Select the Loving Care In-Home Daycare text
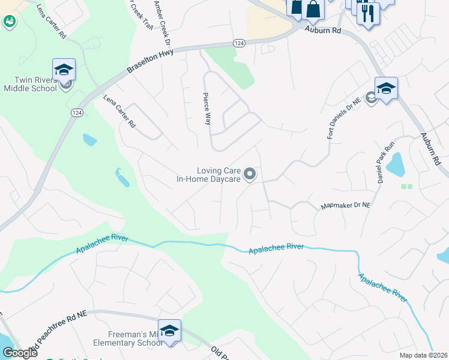click(x=208, y=175)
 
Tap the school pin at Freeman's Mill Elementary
click(x=169, y=331)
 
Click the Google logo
click(x=20, y=353)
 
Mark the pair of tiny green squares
click(x=407, y=186)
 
